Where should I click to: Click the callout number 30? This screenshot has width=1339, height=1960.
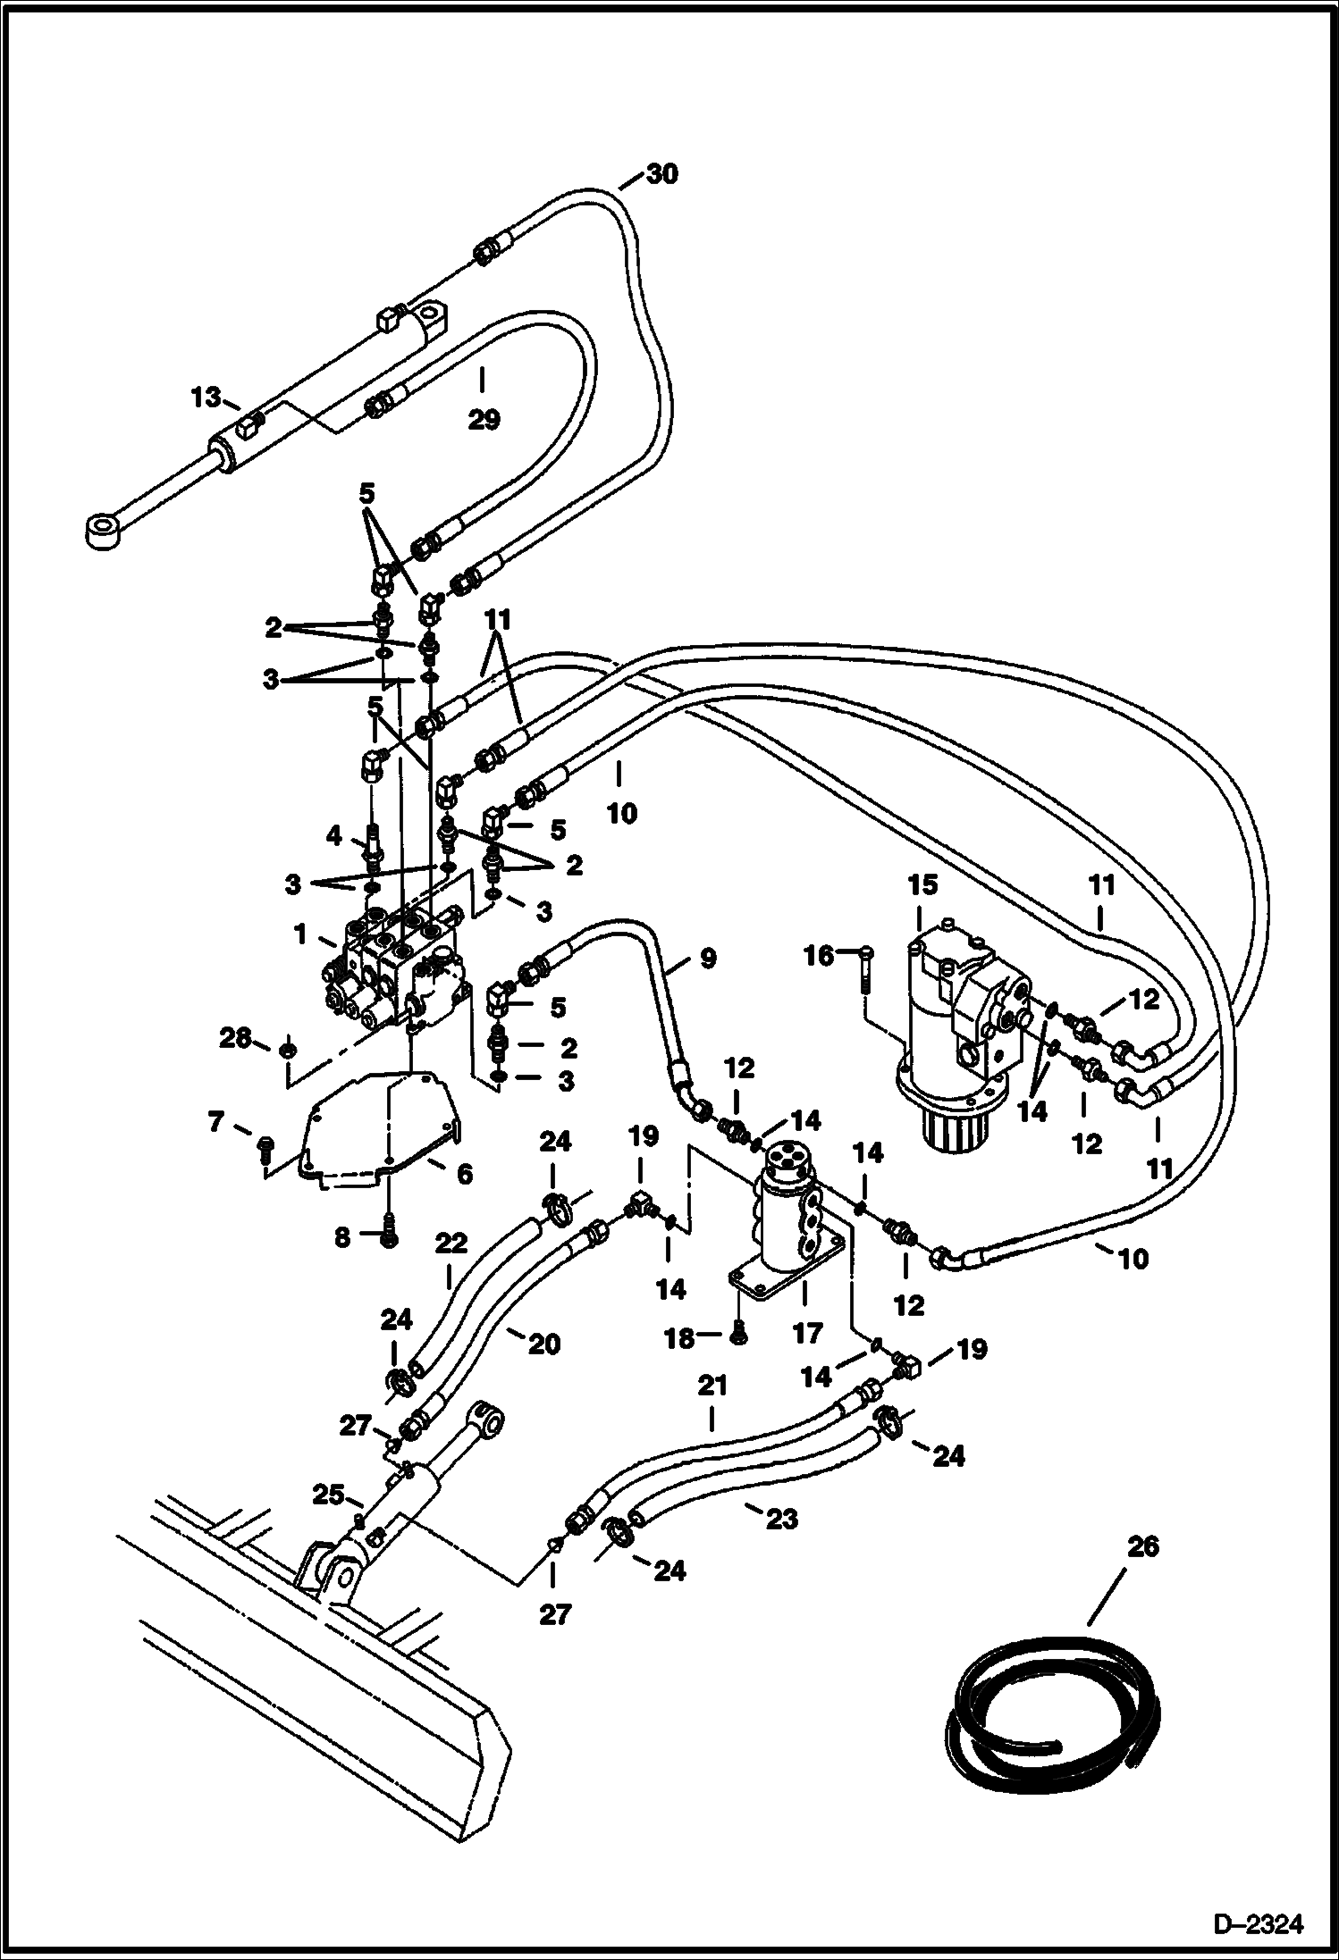coord(661,174)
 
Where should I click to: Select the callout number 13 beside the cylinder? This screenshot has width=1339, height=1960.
coord(205,398)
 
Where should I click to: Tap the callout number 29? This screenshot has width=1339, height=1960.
coord(484,419)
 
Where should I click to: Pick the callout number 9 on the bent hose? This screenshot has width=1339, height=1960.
coord(706,959)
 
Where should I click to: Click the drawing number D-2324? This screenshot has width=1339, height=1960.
coord(1259,1921)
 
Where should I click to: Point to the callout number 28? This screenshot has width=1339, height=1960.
coord(235,1038)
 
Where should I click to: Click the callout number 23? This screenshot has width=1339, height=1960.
coord(781,1519)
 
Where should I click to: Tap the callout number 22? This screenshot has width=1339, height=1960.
coord(451,1244)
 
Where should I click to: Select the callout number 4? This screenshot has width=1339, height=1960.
coord(333,836)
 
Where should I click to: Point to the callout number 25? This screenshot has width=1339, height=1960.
coord(327,1493)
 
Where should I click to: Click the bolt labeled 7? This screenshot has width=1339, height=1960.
coord(265,1148)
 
